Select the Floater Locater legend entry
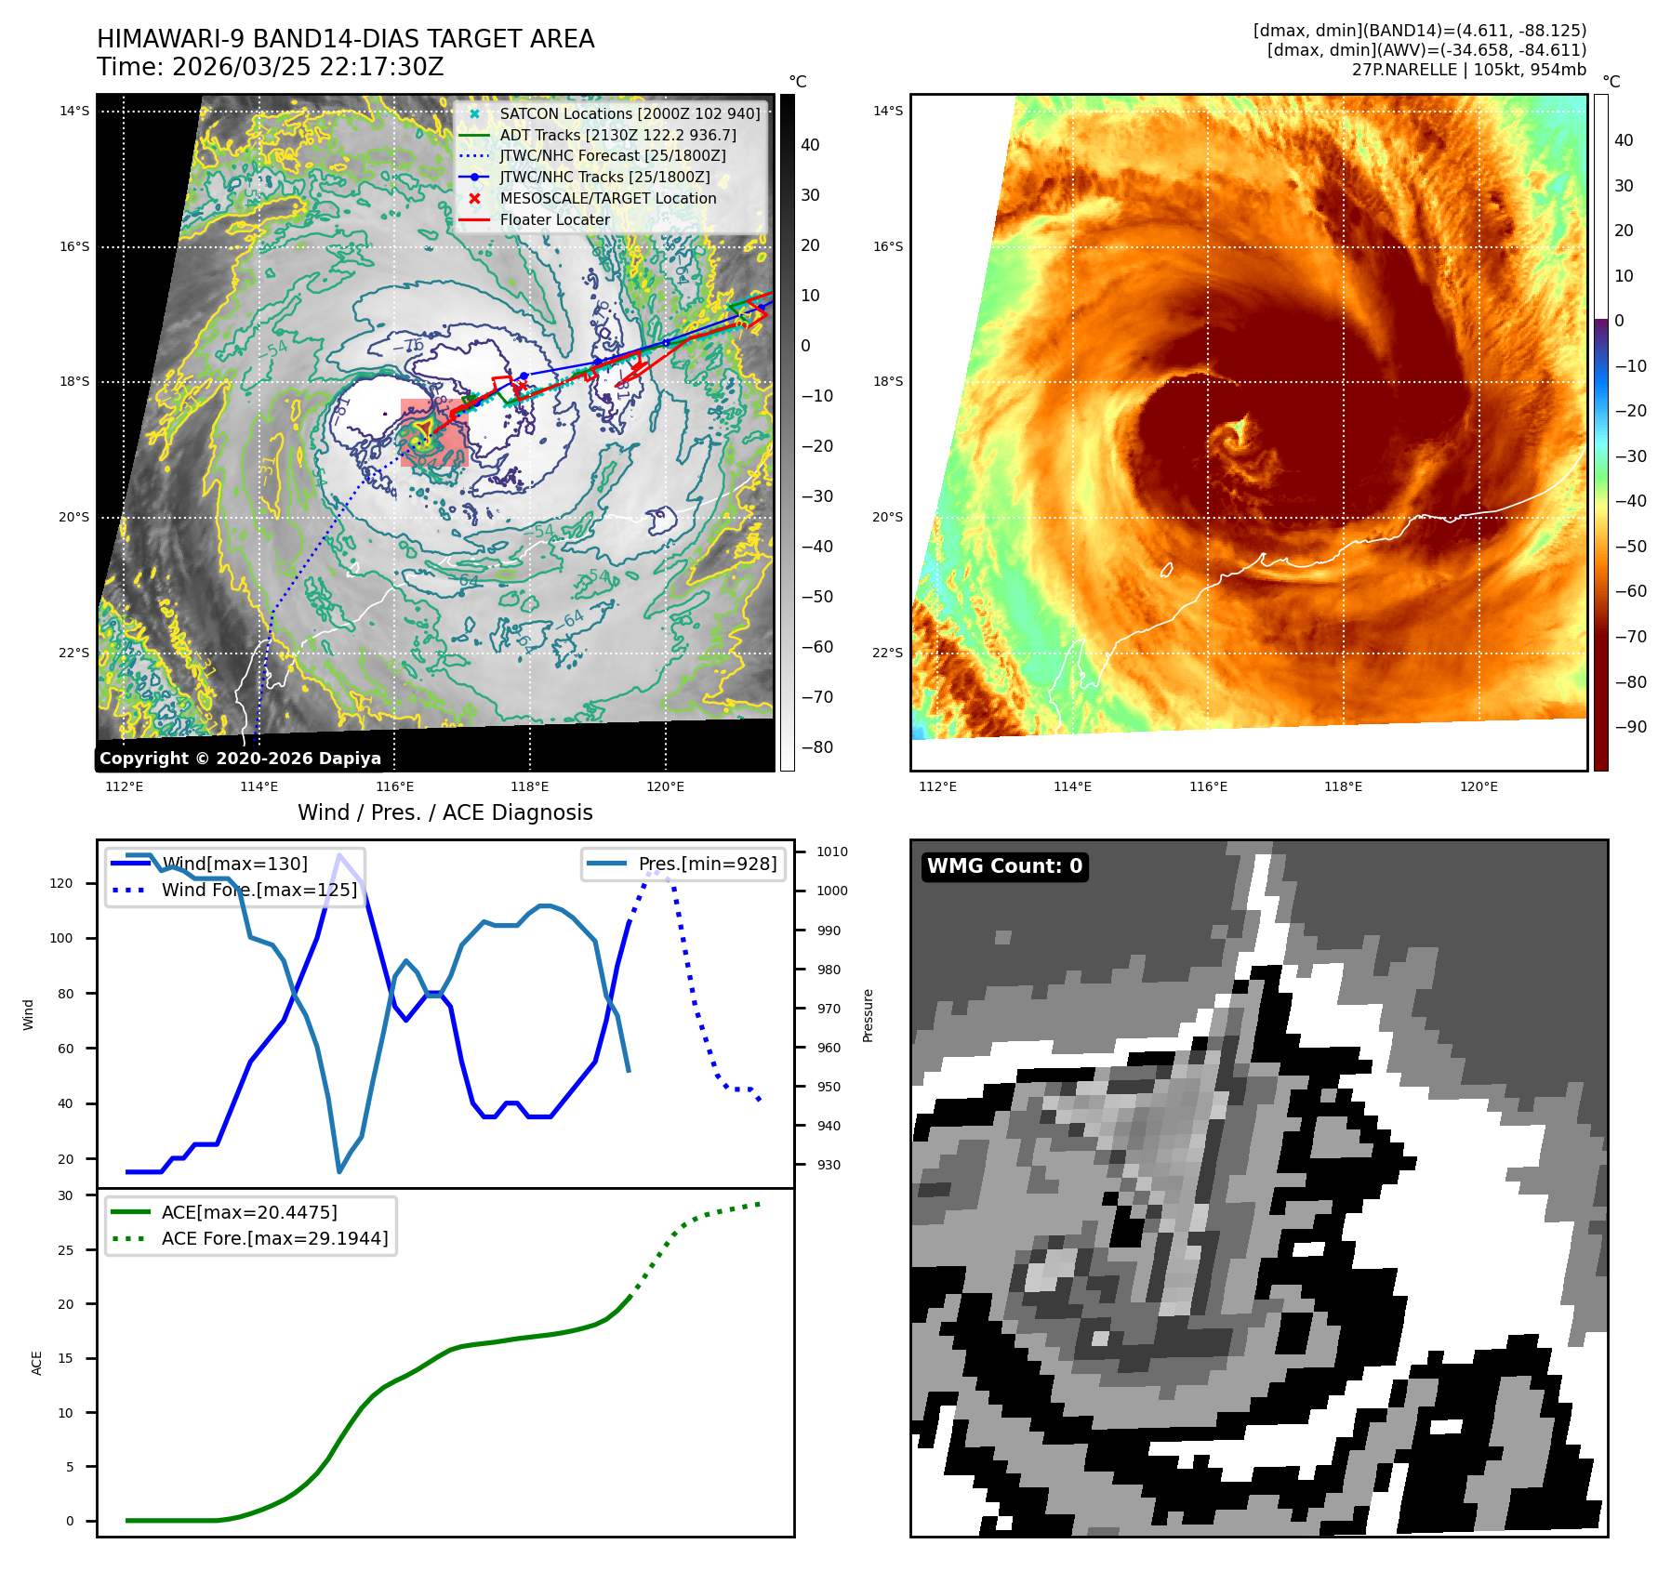tap(554, 220)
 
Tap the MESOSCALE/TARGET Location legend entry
tap(607, 199)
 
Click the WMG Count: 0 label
tap(1004, 866)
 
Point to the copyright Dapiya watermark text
tap(240, 759)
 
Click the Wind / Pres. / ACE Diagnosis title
tap(444, 812)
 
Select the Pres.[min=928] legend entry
tap(707, 865)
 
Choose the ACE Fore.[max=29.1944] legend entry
tap(274, 1238)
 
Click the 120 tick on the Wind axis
tap(61, 883)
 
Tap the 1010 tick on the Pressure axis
tap(832, 852)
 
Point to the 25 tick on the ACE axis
tap(65, 1250)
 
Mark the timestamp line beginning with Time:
tap(270, 68)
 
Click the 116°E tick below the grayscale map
tap(394, 787)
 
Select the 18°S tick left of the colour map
tap(887, 382)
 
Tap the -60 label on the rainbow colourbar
tap(1630, 591)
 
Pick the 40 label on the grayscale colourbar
tap(810, 145)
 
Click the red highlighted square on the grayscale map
tap(433, 433)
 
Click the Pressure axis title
tap(868, 1015)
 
